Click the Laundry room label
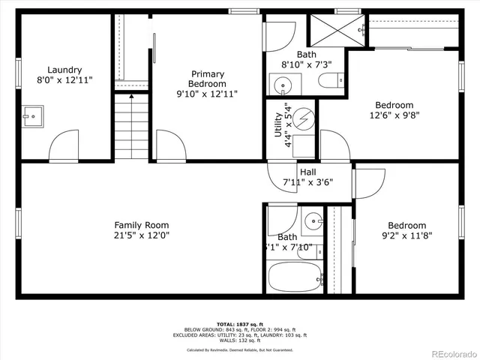tap(64, 70)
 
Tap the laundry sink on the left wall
tap(31, 116)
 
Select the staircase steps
tap(132, 127)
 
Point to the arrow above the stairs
tap(132, 96)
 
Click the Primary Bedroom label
tap(207, 79)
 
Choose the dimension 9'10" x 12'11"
tap(207, 94)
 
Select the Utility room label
tap(278, 120)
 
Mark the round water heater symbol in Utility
tap(304, 119)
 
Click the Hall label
tap(307, 171)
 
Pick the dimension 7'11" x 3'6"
tap(307, 182)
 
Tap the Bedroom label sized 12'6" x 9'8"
tap(394, 105)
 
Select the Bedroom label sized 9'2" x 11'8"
tap(406, 225)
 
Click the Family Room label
tap(141, 225)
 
